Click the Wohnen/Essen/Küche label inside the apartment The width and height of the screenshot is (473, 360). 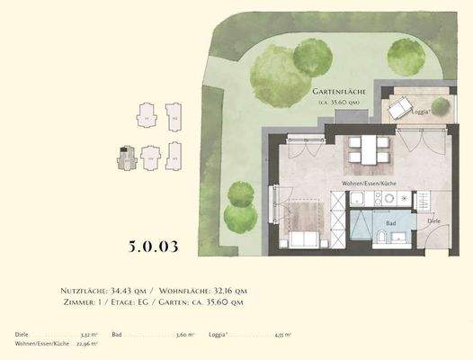click(x=370, y=184)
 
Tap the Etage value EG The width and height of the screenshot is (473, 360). click(x=171, y=303)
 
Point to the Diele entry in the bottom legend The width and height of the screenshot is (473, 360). click(x=22, y=334)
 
